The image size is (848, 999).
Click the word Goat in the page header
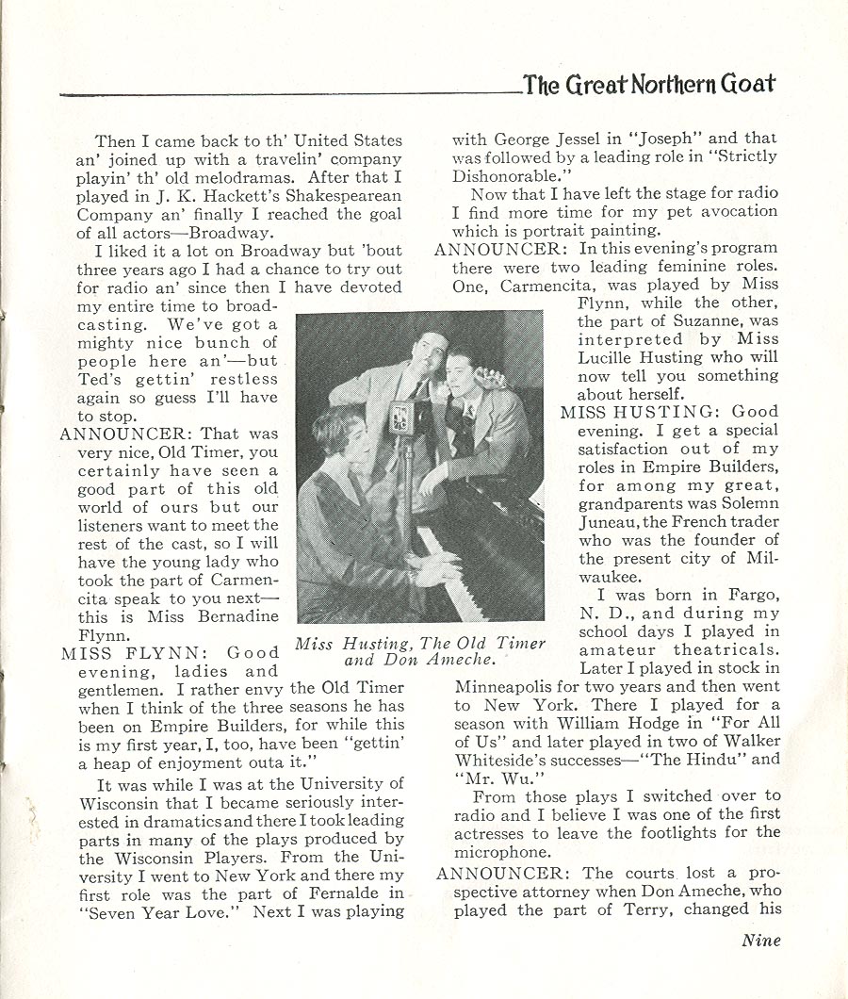point(748,85)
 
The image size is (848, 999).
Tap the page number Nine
point(761,939)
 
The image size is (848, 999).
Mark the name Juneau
point(610,522)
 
